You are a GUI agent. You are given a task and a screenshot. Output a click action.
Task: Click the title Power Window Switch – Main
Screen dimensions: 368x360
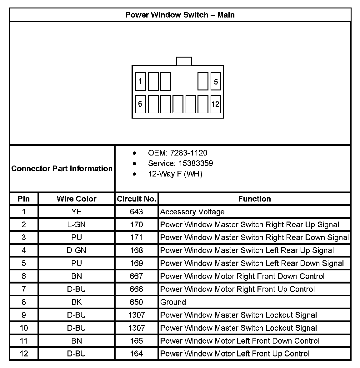[x=180, y=15]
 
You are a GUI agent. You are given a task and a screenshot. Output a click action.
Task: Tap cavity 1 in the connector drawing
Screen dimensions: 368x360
[x=140, y=82]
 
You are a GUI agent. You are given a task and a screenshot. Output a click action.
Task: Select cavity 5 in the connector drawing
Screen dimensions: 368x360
[x=216, y=82]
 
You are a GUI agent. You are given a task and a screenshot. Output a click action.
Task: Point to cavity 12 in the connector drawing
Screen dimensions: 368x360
[x=216, y=104]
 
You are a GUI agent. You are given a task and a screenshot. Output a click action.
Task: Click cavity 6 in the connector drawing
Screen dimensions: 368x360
[x=140, y=104]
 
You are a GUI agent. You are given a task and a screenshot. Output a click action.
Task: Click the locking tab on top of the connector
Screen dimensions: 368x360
[x=184, y=61]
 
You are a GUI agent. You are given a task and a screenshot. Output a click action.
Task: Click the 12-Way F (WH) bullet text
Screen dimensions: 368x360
[x=175, y=174]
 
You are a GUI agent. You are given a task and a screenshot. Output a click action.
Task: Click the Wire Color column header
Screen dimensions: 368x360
[x=77, y=199]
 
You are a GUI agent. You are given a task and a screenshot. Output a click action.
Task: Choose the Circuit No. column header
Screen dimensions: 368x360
[x=137, y=199]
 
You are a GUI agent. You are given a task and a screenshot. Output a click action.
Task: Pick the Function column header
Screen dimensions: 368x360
[x=254, y=199]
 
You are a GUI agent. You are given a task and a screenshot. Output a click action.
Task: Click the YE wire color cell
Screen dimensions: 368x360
[x=77, y=212]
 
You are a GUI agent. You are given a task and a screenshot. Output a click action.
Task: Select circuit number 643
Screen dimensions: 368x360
[x=137, y=212]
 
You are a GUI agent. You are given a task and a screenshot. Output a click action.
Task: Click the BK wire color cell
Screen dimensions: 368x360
[x=77, y=302]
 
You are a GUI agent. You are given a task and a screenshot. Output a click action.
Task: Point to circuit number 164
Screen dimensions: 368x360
[x=137, y=354]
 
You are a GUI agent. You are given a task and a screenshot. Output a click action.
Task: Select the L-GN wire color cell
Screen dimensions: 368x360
[x=77, y=225]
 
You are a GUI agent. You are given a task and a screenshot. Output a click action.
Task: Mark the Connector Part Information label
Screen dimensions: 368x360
[x=62, y=169]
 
